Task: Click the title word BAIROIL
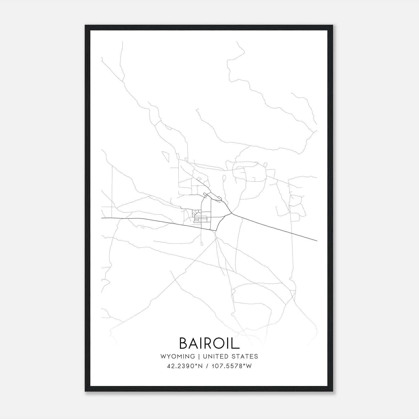(209, 343)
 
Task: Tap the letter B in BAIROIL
(184, 343)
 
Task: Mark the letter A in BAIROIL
(195, 343)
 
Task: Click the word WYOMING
(178, 356)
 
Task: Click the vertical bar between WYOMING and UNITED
(199, 356)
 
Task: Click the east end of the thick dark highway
(317, 240)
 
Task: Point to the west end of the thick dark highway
(102, 218)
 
